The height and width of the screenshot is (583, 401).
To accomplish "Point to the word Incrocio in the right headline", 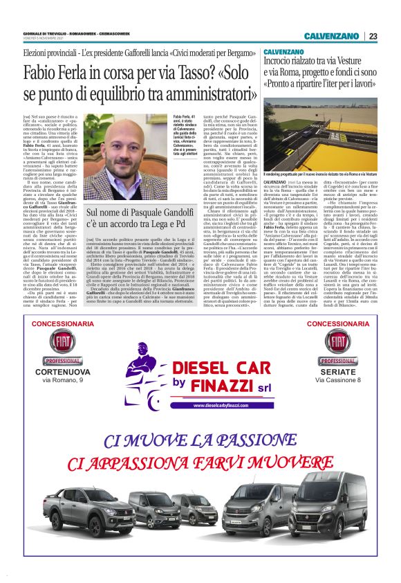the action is point(282,62).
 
